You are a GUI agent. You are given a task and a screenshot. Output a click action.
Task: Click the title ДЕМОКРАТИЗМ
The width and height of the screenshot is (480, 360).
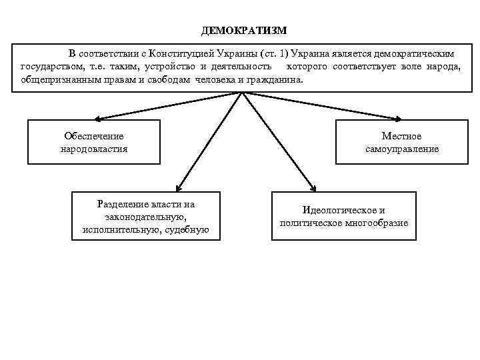(x=244, y=31)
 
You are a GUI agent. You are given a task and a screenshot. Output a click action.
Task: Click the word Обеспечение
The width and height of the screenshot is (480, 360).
(x=93, y=136)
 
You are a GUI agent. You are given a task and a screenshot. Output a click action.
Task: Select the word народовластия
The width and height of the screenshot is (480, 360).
(x=93, y=149)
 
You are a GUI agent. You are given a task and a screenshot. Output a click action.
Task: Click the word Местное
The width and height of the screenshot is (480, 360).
(x=401, y=136)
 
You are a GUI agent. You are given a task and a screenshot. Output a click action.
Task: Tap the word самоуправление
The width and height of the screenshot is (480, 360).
(x=402, y=149)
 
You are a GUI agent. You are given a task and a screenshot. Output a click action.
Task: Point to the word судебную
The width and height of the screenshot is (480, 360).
(x=187, y=229)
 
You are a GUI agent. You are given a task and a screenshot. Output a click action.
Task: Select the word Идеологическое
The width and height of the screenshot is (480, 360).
(x=343, y=209)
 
